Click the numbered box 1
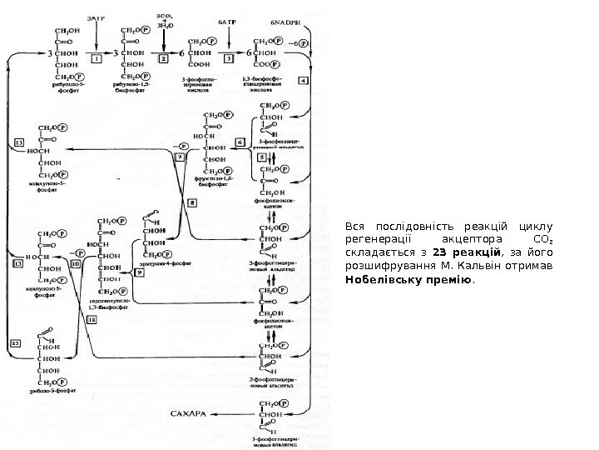pos(97,60)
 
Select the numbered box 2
pos(164,60)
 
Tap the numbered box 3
pos(229,60)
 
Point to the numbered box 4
pos(304,81)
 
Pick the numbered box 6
pos(240,142)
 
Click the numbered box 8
pos(193,202)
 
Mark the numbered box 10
pos(76,262)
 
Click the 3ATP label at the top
pos(97,16)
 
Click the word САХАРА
pos(188,412)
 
